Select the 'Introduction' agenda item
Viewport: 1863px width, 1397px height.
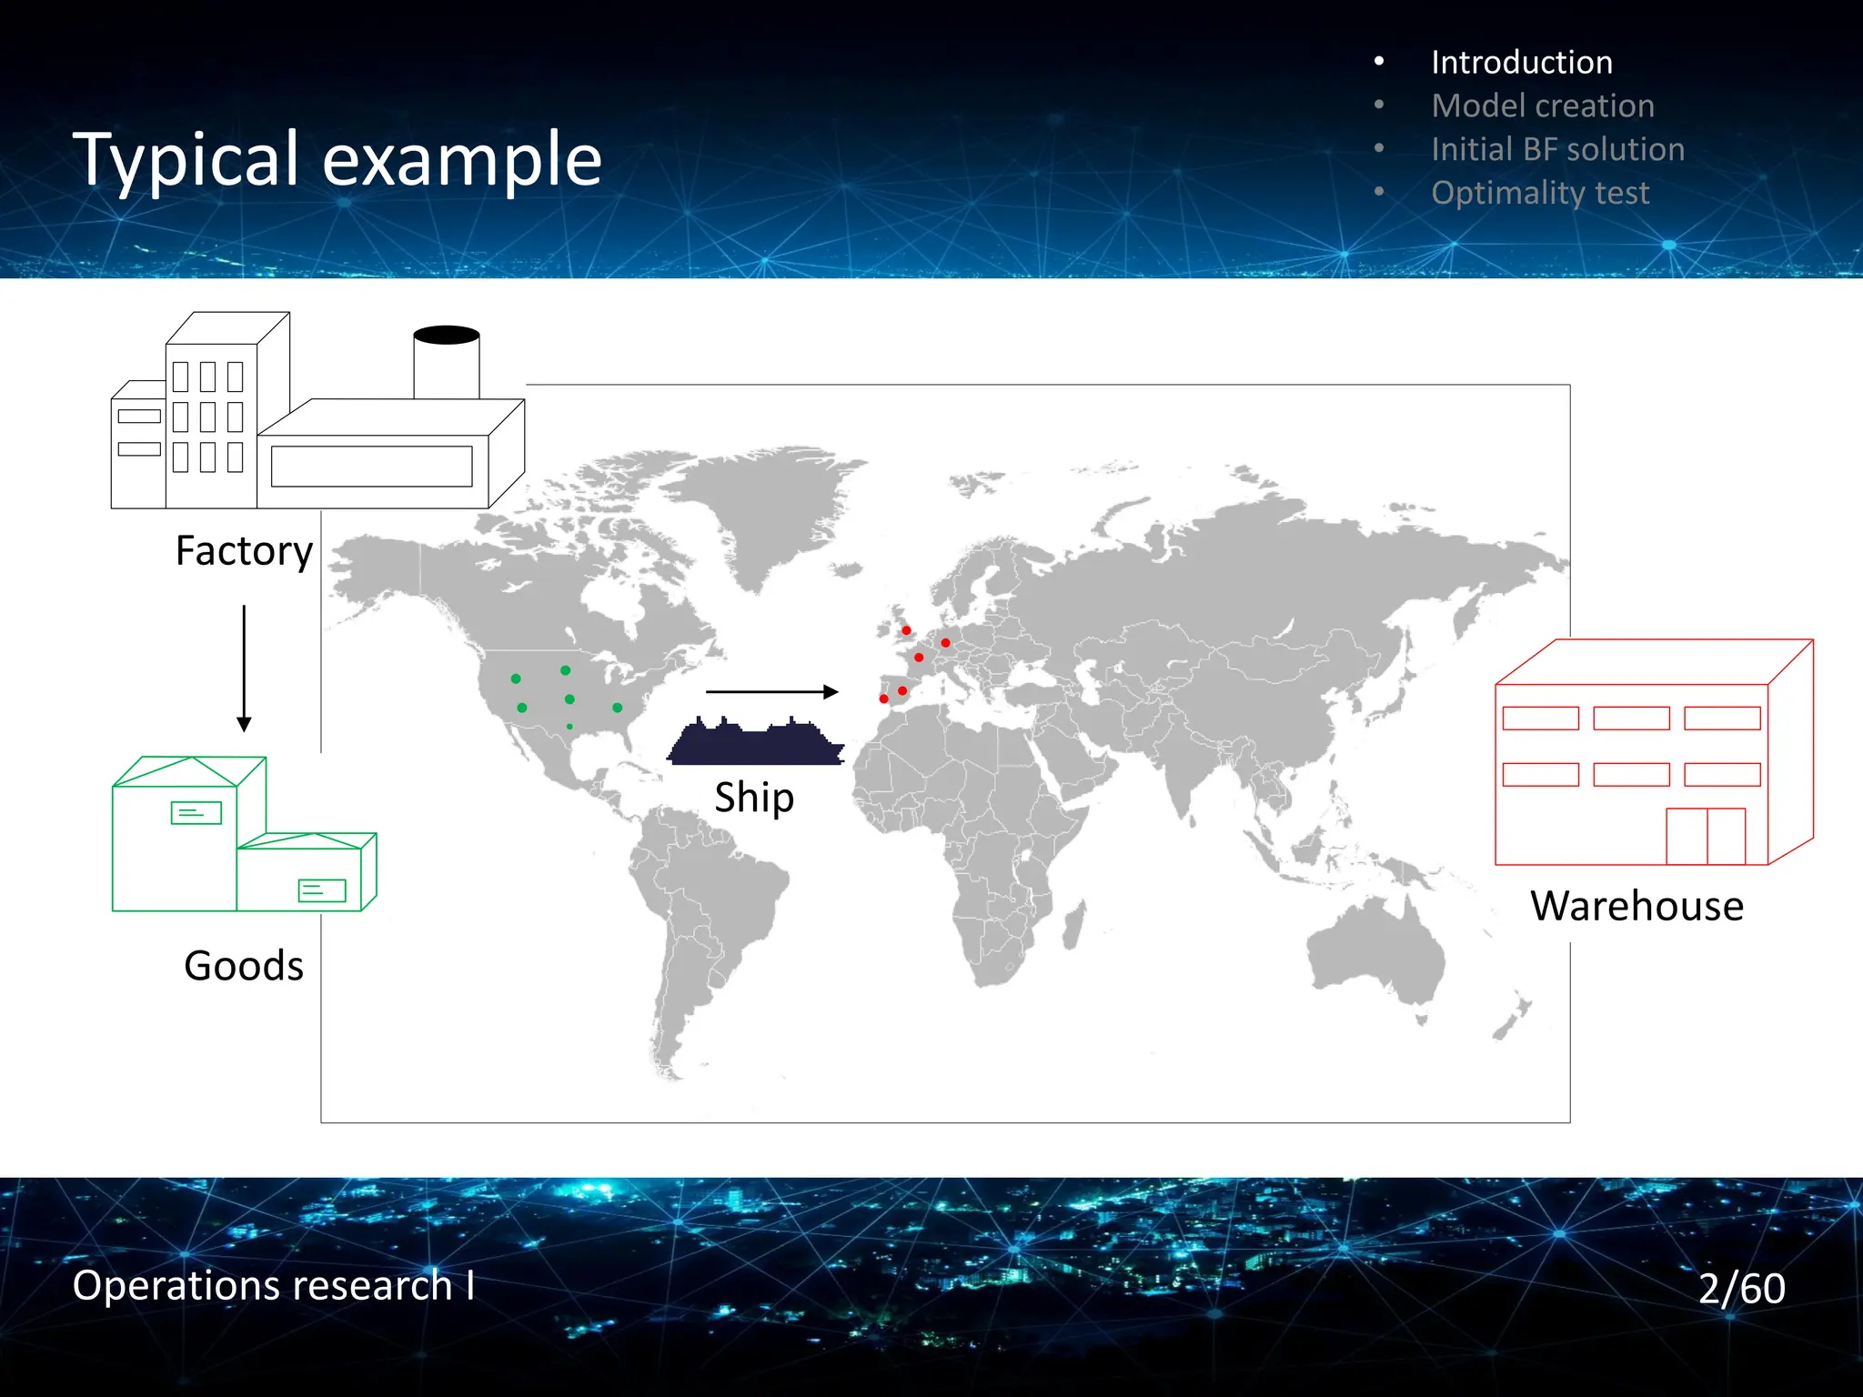(1521, 63)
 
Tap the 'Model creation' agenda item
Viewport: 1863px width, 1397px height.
(1542, 106)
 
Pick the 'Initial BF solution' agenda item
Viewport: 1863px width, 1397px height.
(1557, 150)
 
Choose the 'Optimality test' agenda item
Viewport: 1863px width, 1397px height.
(1539, 194)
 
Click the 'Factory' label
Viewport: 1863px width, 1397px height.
(244, 551)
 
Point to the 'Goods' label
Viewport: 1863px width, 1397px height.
(244, 966)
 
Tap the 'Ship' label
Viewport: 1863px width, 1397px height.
(754, 798)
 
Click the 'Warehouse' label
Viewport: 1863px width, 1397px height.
(1636, 907)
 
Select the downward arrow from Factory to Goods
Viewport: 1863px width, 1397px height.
(244, 668)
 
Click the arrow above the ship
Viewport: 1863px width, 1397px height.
(771, 692)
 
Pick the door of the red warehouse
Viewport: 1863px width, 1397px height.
(1706, 836)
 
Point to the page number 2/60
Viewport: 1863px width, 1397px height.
(1741, 1289)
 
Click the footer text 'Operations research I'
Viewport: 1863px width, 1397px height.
(273, 1286)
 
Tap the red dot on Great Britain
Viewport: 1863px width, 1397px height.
(906, 630)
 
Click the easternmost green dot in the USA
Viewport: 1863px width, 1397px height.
(618, 708)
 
